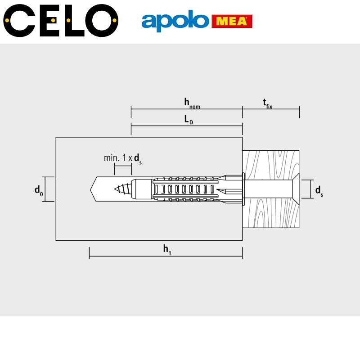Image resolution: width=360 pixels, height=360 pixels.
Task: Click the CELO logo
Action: [x=61, y=20]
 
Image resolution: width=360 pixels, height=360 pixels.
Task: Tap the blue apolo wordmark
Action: [x=175, y=21]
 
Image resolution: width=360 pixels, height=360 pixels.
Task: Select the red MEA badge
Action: [x=232, y=21]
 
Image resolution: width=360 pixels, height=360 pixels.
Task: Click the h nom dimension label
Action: [x=192, y=103]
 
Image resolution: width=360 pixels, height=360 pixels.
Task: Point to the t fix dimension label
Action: [x=267, y=103]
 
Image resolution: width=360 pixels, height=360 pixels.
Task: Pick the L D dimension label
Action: [x=189, y=120]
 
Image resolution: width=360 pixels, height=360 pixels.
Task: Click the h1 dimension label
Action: [x=167, y=250]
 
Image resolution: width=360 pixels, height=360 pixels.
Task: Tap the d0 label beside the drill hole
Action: [x=39, y=190]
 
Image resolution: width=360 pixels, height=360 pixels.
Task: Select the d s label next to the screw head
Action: [x=319, y=191]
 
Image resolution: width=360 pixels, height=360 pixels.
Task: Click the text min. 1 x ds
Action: [x=122, y=159]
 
